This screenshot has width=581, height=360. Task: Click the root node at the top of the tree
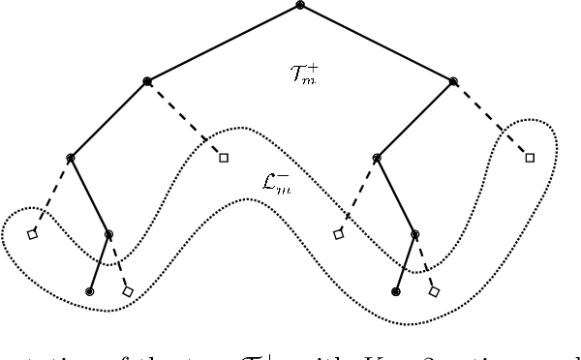pyautogui.click(x=300, y=6)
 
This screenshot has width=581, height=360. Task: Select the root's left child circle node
pyautogui.click(x=147, y=80)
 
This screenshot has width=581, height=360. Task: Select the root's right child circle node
pyautogui.click(x=453, y=80)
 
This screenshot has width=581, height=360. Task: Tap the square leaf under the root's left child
pyautogui.click(x=224, y=157)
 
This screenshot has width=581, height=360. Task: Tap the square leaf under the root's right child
pyautogui.click(x=530, y=157)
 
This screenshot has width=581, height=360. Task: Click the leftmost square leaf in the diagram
pyautogui.click(x=32, y=234)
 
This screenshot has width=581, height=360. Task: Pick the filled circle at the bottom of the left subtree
pyautogui.click(x=90, y=290)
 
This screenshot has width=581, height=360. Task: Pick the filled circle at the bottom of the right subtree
pyautogui.click(x=396, y=290)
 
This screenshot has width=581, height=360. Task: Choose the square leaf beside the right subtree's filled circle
pyautogui.click(x=435, y=290)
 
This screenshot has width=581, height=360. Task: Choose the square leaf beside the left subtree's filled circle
pyautogui.click(x=128, y=290)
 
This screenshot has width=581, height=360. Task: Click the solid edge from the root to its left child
pyautogui.click(x=224, y=44)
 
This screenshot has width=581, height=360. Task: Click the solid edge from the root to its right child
pyautogui.click(x=377, y=44)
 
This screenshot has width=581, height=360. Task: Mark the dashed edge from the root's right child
pyautogui.click(x=492, y=119)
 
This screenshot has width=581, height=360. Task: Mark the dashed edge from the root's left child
pyautogui.click(x=186, y=119)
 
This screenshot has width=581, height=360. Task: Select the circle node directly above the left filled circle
pyautogui.click(x=108, y=233)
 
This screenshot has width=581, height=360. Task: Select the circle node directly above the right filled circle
pyautogui.click(x=414, y=233)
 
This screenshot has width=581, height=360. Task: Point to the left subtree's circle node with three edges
pyautogui.click(x=71, y=158)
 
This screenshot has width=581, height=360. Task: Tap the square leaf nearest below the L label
pyautogui.click(x=338, y=234)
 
